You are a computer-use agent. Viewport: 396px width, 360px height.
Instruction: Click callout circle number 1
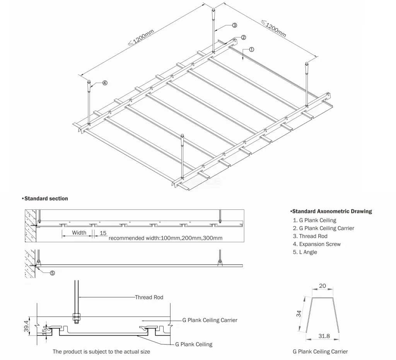(x=251, y=50)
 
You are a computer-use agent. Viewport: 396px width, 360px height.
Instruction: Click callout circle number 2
(x=243, y=38)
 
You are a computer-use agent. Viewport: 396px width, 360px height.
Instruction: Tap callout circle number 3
(x=234, y=25)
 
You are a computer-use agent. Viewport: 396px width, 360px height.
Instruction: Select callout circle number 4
(x=105, y=83)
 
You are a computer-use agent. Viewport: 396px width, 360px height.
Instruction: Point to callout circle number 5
(x=52, y=273)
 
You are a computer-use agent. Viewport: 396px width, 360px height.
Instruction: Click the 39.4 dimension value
(x=27, y=326)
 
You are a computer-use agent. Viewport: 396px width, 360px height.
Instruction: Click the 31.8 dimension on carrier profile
(x=324, y=336)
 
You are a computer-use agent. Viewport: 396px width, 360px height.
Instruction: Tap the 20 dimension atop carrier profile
(x=323, y=286)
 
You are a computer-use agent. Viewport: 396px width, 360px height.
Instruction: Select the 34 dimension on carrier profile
(x=299, y=314)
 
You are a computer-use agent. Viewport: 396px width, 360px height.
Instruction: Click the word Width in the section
(x=79, y=233)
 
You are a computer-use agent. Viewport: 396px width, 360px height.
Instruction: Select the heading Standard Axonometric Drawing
(x=331, y=211)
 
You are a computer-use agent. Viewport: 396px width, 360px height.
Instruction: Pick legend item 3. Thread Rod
(x=310, y=236)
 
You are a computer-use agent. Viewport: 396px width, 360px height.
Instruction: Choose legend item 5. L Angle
(x=305, y=252)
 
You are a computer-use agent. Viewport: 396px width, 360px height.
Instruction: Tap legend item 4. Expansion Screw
(x=317, y=244)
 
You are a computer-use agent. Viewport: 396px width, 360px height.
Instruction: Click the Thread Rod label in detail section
(x=149, y=297)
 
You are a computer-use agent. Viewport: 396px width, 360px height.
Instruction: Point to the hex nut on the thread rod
(x=76, y=316)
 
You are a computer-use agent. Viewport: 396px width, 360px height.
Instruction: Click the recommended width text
(x=166, y=238)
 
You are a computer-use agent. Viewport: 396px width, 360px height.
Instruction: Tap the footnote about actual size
(x=101, y=351)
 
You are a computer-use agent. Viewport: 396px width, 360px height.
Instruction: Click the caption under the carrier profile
(x=320, y=351)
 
